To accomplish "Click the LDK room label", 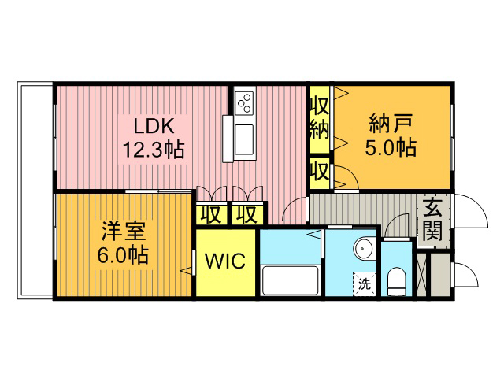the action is pos(154,126).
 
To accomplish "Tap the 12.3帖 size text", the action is pos(154,150).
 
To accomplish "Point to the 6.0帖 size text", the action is pos(123,255).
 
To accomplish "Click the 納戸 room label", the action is pos(391,124).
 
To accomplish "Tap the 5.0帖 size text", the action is pos(391,147).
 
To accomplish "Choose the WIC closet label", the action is pos(225,261).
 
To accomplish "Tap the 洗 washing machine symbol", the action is pos(365,283).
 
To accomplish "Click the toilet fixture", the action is pos(396,282).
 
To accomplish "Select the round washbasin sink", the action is pos(364,249).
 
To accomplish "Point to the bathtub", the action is pos(290,280).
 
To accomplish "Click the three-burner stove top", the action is pos(245,102).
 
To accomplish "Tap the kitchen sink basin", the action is pos(244,140).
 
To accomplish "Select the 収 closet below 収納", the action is pos(320,172).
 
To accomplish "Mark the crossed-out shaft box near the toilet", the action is pos(421,275).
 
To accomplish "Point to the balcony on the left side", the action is pos(35,191).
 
